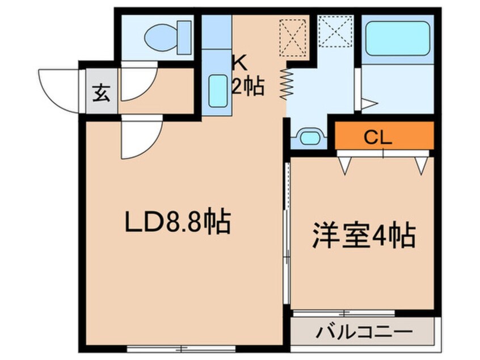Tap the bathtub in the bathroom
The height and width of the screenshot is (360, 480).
[397, 38]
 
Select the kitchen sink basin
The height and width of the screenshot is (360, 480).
[218, 91]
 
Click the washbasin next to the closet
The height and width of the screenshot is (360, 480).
[310, 137]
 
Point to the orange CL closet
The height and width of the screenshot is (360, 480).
[384, 135]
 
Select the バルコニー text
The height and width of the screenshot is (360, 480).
[364, 332]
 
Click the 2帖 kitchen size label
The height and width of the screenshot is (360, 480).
[249, 86]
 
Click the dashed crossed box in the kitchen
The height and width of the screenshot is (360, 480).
[293, 38]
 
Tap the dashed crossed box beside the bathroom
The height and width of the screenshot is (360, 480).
[336, 31]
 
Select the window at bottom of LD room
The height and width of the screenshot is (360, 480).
[181, 349]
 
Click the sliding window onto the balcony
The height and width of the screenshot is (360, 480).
[344, 313]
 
